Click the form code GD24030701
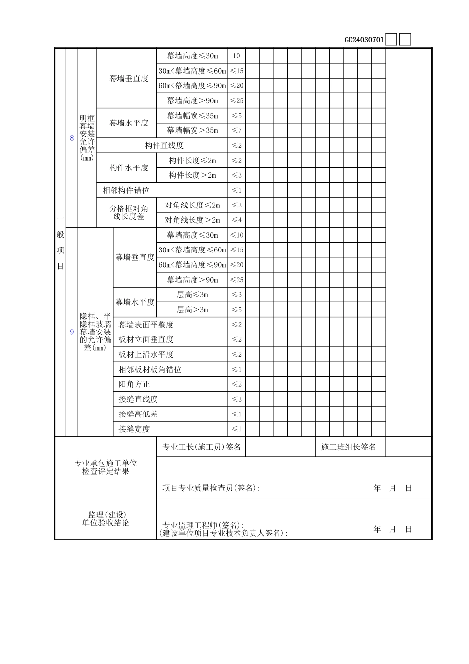tap(364, 40)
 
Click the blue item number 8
tap(72, 138)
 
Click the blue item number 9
tap(72, 332)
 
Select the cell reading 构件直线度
tap(164, 145)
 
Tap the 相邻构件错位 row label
tap(126, 190)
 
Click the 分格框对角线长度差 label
tap(128, 212)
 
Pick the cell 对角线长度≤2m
tap(192, 205)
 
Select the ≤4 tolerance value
tap(236, 220)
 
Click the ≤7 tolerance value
tap(236, 130)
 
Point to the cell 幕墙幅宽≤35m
tap(192, 116)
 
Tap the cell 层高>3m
tap(192, 310)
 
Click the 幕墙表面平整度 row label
tap(146, 325)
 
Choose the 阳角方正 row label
tap(134, 384)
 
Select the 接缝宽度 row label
tap(134, 429)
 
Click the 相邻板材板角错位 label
tap(150, 370)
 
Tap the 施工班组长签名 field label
tap(349, 447)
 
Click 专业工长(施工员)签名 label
tap(201, 447)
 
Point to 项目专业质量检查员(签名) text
tap(211, 488)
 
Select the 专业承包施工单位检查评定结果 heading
tap(106, 467)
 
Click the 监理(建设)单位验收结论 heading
tap(106, 519)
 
